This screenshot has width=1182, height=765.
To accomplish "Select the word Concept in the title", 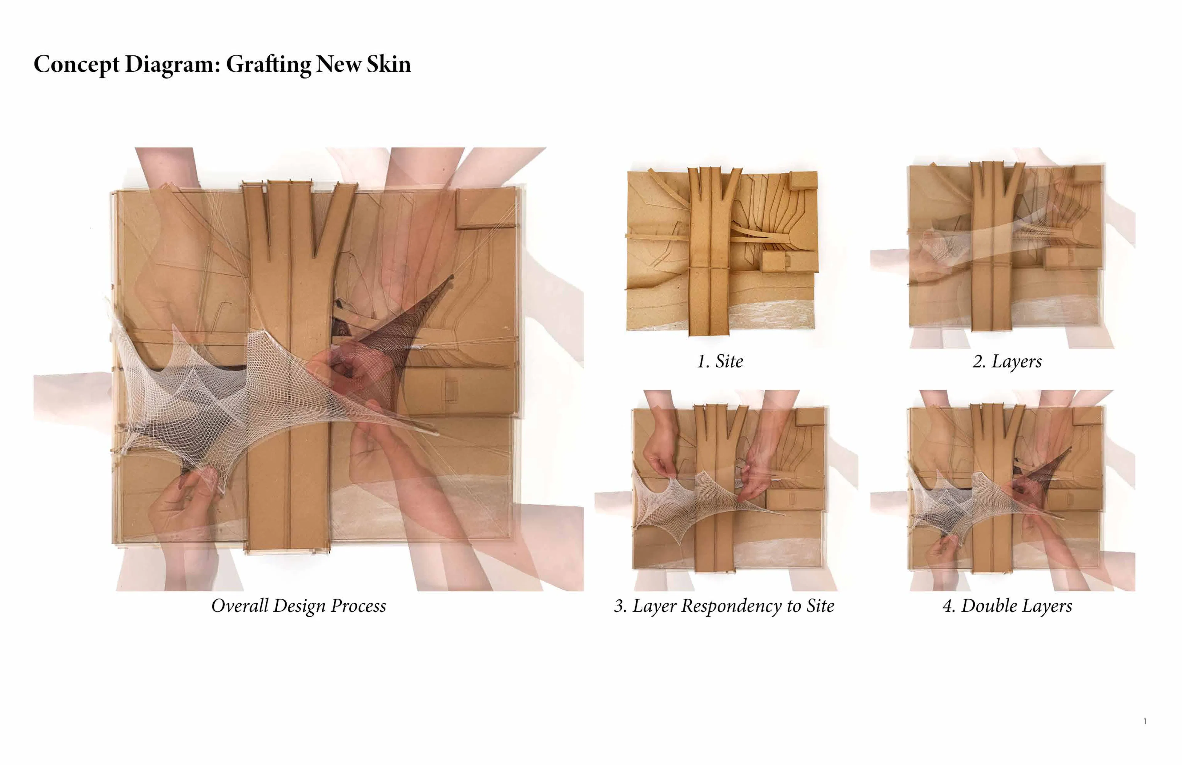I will click(76, 65).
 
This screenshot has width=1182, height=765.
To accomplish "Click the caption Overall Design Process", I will click(299, 606).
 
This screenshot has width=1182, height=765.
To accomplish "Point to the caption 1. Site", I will click(720, 361).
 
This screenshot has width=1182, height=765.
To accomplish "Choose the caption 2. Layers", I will click(1007, 361).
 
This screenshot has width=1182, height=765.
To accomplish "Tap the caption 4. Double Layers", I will click(1007, 606).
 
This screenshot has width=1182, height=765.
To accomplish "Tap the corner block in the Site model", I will click(803, 180).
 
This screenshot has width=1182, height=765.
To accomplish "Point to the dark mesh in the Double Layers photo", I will click(1048, 472).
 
